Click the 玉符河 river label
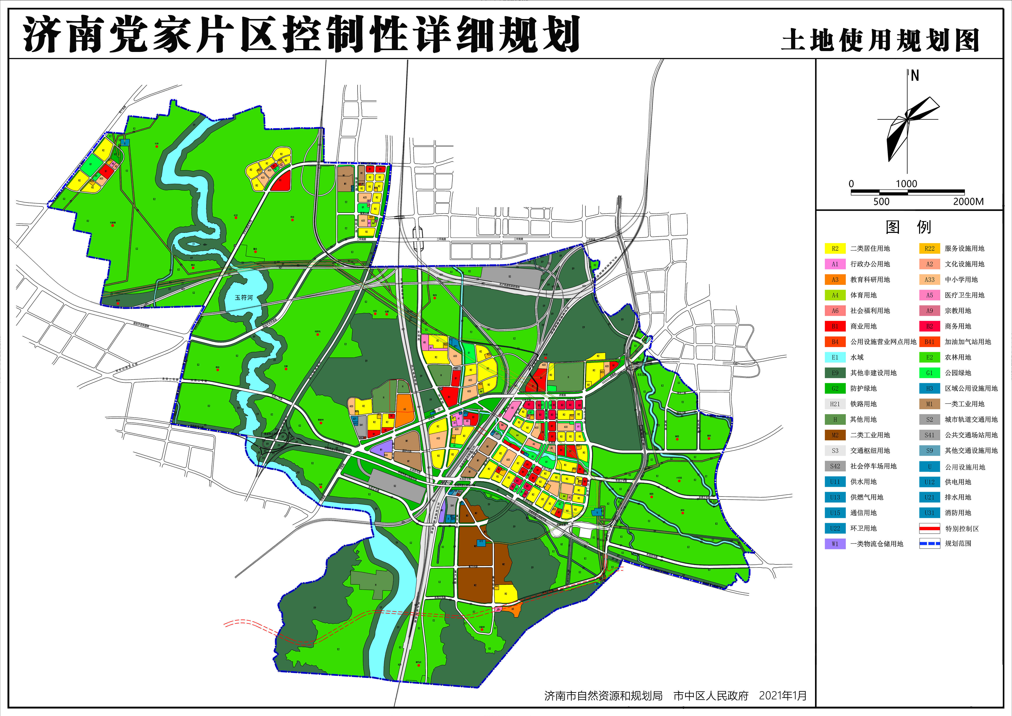pyautogui.click(x=244, y=298)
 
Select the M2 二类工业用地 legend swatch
pyautogui.click(x=835, y=435)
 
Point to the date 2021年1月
pyautogui.click(x=783, y=696)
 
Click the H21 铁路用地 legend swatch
pyautogui.click(x=835, y=404)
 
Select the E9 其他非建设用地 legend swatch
pyautogui.click(x=835, y=373)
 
